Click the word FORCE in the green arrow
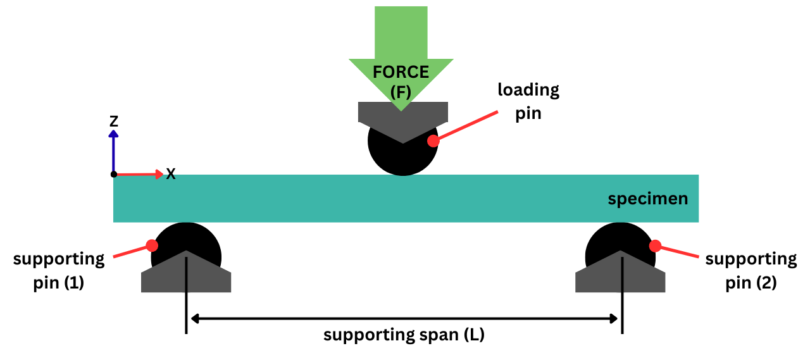[401, 71]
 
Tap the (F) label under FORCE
[401, 92]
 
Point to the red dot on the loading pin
[433, 140]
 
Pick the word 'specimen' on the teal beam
[647, 199]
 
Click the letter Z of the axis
[114, 121]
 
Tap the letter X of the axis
[171, 174]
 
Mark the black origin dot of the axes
[114, 174]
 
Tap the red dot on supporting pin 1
[152, 245]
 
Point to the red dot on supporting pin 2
[655, 245]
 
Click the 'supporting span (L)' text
[404, 335]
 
